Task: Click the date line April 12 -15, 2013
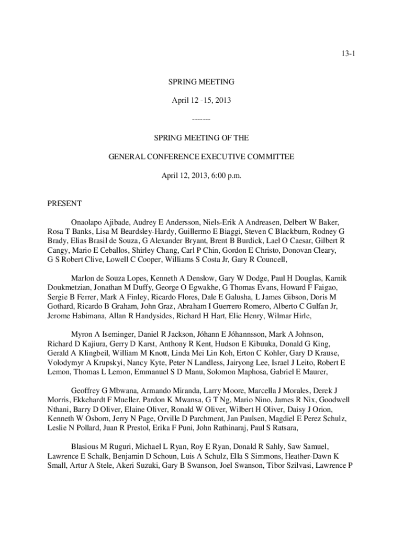click(x=201, y=100)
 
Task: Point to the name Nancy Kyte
click(x=142, y=362)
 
